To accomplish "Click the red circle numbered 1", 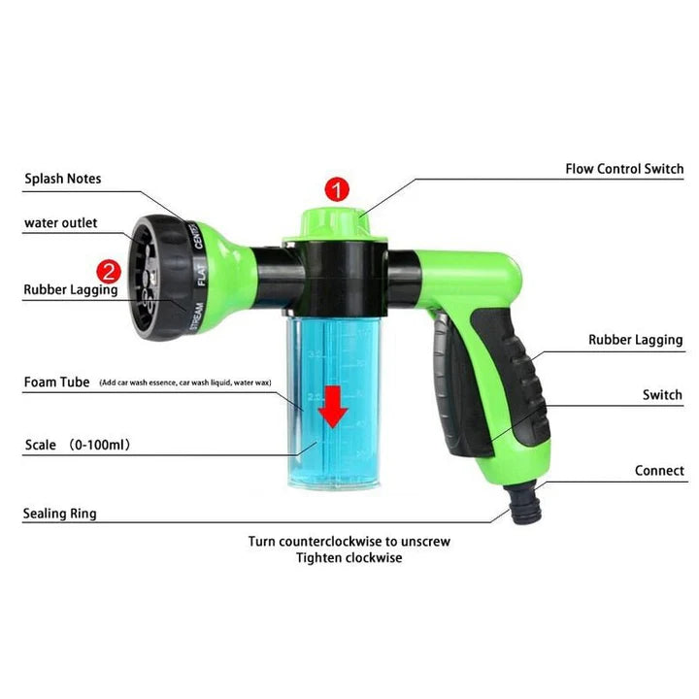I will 336,189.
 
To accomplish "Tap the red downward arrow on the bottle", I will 334,406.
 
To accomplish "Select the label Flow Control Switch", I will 624,169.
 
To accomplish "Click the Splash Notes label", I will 63,179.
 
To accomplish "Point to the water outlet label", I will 61,223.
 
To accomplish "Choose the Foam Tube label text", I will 57,383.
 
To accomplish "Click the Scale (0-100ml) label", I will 78,446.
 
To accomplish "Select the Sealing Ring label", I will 60,514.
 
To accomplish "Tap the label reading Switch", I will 662,395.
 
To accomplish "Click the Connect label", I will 659,471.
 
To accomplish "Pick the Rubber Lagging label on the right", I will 636,340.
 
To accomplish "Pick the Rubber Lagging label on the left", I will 71,289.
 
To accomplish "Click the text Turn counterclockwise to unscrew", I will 349,541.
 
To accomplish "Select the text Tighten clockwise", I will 349,558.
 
